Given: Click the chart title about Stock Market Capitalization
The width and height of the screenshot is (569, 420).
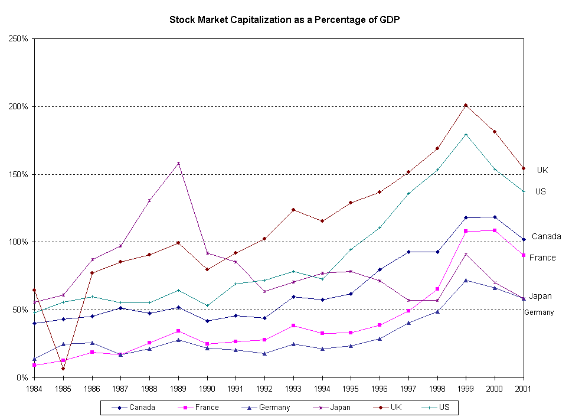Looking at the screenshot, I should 285,19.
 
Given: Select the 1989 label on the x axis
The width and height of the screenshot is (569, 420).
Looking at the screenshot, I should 178,389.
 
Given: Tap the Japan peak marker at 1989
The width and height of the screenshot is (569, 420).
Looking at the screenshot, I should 178,163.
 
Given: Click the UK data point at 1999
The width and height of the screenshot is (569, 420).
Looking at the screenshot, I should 466,105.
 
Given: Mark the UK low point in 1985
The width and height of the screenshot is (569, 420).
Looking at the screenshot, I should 63,369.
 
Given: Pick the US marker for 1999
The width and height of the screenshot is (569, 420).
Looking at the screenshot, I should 466,134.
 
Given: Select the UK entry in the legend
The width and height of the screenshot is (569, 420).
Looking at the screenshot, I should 387,407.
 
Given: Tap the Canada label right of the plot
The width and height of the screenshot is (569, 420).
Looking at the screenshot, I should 546,236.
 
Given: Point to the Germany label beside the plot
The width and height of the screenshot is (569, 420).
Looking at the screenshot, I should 539,312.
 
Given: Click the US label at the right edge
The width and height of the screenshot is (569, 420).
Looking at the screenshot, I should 540,191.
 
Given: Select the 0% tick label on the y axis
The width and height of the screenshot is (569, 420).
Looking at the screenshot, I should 23,377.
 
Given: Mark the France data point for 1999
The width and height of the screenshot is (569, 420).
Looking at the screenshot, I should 466,231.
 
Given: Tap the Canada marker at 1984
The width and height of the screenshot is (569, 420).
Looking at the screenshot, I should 34,323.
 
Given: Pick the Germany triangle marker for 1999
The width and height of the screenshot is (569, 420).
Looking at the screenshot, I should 466,280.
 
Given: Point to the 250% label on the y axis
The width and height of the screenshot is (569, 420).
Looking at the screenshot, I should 20,39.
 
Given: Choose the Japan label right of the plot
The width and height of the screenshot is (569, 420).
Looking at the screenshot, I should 540,296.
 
